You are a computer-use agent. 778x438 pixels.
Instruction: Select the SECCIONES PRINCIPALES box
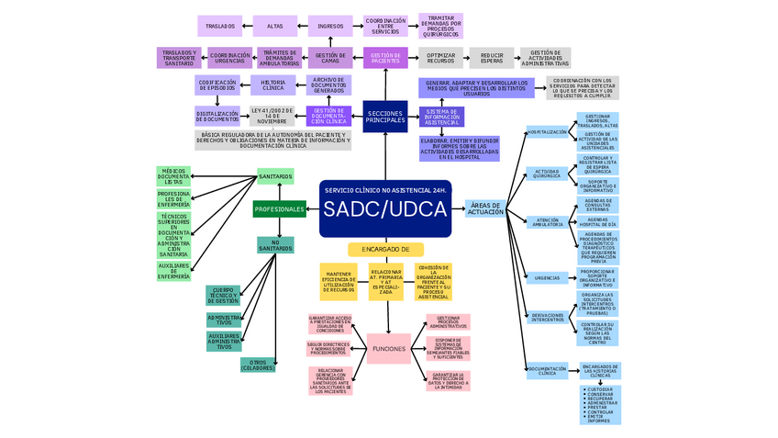coord(385,117)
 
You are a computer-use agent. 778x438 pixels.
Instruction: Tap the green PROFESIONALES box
coord(279,209)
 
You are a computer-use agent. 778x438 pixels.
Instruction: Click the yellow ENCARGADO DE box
coord(385,249)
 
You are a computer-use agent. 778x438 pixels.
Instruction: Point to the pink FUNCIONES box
coord(388,348)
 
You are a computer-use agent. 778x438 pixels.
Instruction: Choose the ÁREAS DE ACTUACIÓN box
coord(485,209)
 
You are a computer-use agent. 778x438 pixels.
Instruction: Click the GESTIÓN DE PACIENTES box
coord(385,58)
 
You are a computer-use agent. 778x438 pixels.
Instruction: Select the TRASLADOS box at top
coord(220,26)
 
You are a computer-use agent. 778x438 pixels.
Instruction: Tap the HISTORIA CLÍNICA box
coord(273,86)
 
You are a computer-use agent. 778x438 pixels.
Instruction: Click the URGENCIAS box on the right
coord(547,277)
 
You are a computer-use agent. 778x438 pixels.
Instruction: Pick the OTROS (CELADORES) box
coord(258,365)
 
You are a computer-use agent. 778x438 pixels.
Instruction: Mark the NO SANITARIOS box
coord(275,244)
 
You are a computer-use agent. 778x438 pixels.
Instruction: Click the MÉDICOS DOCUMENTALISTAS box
coord(173,176)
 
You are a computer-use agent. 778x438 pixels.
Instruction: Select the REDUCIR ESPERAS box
coord(492,58)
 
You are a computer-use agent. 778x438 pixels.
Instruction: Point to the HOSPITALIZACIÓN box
coord(547,132)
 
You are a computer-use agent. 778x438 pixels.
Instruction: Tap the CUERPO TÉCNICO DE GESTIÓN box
coord(224,295)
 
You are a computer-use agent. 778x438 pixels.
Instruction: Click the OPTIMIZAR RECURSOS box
coord(441,58)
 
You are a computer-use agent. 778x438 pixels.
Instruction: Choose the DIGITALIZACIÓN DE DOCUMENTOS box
coord(217,117)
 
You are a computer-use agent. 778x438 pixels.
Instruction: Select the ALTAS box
coord(274,26)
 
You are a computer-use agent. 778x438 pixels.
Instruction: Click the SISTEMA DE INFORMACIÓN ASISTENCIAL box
coord(442,117)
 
